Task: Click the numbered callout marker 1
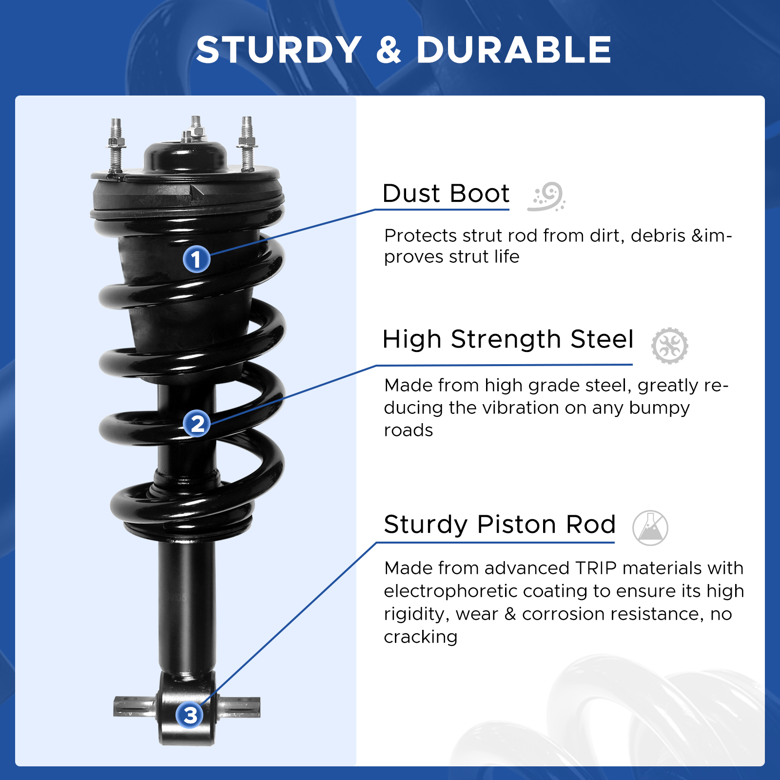(x=196, y=259)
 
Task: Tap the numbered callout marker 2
(x=197, y=424)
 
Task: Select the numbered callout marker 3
(x=190, y=715)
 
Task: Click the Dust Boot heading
(x=446, y=194)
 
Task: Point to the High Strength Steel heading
(x=508, y=340)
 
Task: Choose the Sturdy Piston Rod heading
(x=500, y=525)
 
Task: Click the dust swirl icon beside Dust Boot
(x=546, y=196)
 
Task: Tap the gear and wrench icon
(x=670, y=345)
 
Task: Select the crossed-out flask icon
(x=650, y=528)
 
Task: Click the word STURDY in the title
(x=279, y=50)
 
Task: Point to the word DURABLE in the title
(x=513, y=50)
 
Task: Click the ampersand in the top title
(x=389, y=50)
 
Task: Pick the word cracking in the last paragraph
(x=421, y=637)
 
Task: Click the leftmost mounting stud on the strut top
(x=116, y=145)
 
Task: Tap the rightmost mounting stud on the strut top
(x=247, y=143)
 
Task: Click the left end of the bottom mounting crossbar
(x=115, y=707)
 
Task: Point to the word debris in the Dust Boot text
(x=658, y=235)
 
